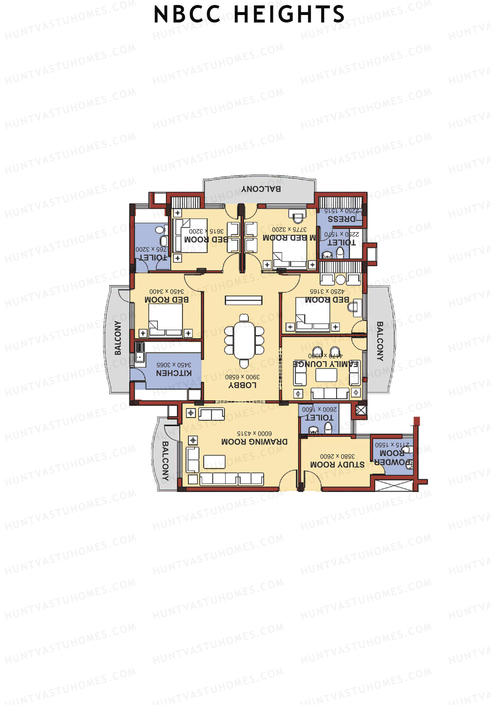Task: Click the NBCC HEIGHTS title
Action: pos(249,15)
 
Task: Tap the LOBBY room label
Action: pos(242,385)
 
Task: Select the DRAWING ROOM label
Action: pos(254,442)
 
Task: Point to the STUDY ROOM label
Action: pos(337,465)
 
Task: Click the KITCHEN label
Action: pos(174,373)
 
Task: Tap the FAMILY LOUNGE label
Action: pos(326,364)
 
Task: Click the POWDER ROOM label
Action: pos(392,458)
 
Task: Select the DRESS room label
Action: pos(342,219)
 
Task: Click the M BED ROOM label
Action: pos(289,237)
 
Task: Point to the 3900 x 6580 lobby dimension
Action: pos(242,377)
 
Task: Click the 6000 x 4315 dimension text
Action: pos(254,434)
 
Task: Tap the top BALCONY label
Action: pos(261,189)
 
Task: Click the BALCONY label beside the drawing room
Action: pos(165,461)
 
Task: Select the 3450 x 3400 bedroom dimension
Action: pos(167,291)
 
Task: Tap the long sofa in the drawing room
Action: pos(231,479)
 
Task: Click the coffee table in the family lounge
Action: pos(326,375)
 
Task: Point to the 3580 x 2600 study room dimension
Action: pos(337,457)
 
